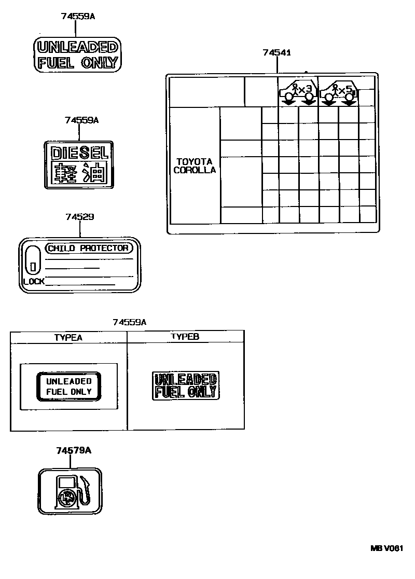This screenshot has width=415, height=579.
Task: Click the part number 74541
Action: pyautogui.click(x=276, y=52)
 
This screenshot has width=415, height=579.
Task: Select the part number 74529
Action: pyautogui.click(x=79, y=216)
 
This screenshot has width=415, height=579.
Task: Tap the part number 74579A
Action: pyautogui.click(x=74, y=450)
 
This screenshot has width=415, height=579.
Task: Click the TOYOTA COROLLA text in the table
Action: pyautogui.click(x=195, y=166)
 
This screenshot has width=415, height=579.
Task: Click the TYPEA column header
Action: pyautogui.click(x=68, y=337)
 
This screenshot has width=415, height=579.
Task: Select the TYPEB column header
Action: pyautogui.click(x=185, y=337)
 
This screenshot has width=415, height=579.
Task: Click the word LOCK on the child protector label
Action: pyautogui.click(x=34, y=282)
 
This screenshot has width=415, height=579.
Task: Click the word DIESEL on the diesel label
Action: pyautogui.click(x=77, y=153)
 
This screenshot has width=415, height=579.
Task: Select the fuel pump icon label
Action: pyautogui.click(x=70, y=491)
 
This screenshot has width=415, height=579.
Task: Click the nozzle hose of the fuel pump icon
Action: pyautogui.click(x=88, y=490)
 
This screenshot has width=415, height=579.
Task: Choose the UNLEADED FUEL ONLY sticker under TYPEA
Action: pyautogui.click(x=68, y=387)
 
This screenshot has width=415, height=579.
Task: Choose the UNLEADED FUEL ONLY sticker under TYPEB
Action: pyautogui.click(x=185, y=385)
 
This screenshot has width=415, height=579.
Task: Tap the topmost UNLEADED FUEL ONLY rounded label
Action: pyautogui.click(x=78, y=56)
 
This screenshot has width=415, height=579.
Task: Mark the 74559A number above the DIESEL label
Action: pyautogui.click(x=81, y=120)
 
